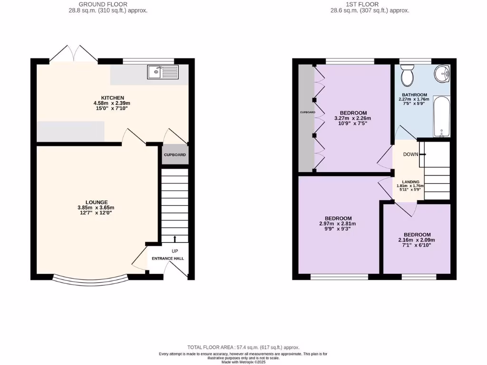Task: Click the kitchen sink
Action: click(163, 72)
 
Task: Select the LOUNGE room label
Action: click(97, 202)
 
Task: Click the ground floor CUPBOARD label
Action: click(175, 155)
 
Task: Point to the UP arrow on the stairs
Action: click(175, 239)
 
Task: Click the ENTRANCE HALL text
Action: click(167, 259)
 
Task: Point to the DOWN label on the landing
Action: click(410, 154)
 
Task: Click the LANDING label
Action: click(410, 182)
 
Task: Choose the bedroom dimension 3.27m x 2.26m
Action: click(352, 118)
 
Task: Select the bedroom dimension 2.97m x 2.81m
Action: click(338, 224)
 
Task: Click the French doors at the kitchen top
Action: click(74, 54)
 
